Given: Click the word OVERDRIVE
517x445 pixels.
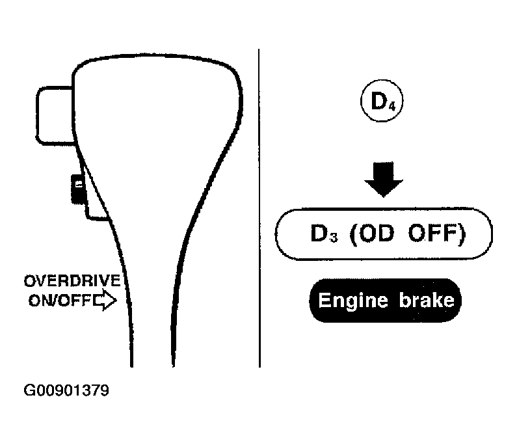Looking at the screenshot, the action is pyautogui.click(x=72, y=280).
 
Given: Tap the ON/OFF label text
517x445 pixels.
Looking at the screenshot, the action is pyautogui.click(x=60, y=301).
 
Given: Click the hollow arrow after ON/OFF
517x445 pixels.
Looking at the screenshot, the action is pyautogui.click(x=105, y=300).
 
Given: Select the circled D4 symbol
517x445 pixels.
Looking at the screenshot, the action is pyautogui.click(x=382, y=101).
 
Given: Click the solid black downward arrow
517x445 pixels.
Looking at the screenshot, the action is pyautogui.click(x=384, y=179).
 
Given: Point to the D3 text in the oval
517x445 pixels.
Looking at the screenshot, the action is pyautogui.click(x=324, y=234).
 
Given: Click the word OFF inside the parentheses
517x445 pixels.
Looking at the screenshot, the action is pyautogui.click(x=432, y=233).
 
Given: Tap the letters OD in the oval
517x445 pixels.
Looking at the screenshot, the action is pyautogui.click(x=376, y=233).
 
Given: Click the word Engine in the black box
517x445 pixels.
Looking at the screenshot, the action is pyautogui.click(x=353, y=301).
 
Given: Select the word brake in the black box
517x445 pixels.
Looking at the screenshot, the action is pyautogui.click(x=427, y=300).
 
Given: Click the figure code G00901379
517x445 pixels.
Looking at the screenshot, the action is pyautogui.click(x=66, y=390).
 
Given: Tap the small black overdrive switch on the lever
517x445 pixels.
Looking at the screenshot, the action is pyautogui.click(x=79, y=189).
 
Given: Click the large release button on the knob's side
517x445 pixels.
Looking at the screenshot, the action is pyautogui.click(x=55, y=115).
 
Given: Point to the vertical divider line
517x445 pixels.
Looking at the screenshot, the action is pyautogui.click(x=259, y=208).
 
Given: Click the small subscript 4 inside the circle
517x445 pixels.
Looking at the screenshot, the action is pyautogui.click(x=392, y=107).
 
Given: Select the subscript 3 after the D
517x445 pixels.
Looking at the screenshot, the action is pyautogui.click(x=334, y=237).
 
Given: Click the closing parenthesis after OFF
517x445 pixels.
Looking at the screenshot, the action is pyautogui.click(x=462, y=234).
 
